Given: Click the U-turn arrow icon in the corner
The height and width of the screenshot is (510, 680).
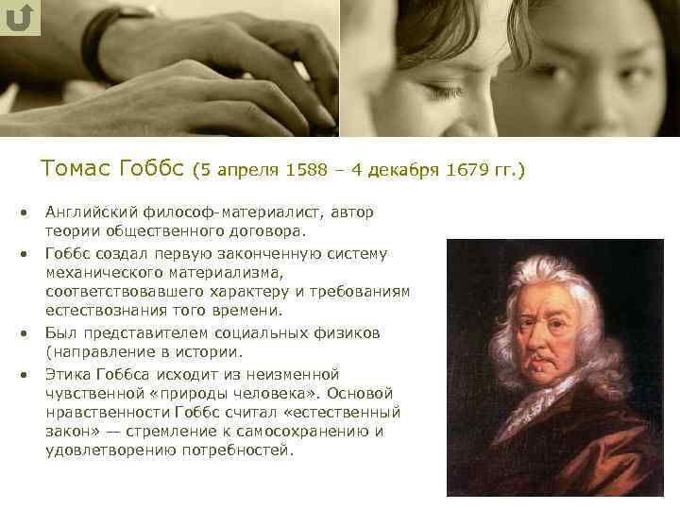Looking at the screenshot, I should (21, 18).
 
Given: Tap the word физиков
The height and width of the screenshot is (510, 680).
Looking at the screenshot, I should (348, 333).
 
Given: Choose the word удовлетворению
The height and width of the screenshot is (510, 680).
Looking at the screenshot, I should (106, 450).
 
